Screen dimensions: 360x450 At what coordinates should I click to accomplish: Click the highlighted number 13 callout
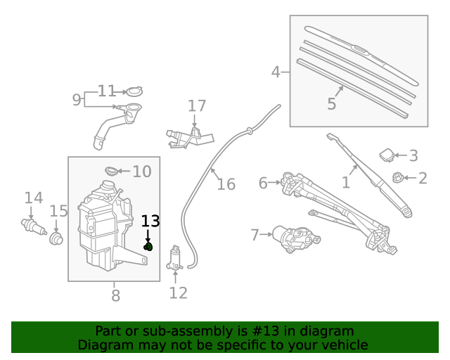point(150,221)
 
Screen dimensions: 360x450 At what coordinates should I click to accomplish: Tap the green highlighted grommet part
point(148,247)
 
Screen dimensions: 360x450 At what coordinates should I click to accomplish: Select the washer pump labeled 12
point(174,259)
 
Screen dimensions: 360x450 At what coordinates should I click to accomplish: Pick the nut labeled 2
point(397,178)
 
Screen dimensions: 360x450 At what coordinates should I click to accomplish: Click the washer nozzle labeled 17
point(186,135)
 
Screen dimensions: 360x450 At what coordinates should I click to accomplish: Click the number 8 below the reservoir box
point(115,295)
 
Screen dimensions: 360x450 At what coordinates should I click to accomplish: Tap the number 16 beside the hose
point(226,184)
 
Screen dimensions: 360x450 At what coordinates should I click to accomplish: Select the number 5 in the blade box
point(331,104)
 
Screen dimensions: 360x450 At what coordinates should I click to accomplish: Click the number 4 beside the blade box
point(276,71)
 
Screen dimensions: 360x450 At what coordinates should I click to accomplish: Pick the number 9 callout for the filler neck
point(77,100)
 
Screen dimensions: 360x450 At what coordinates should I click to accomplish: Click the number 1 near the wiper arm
point(345,183)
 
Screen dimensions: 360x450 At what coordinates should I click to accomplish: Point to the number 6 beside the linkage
point(263,183)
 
